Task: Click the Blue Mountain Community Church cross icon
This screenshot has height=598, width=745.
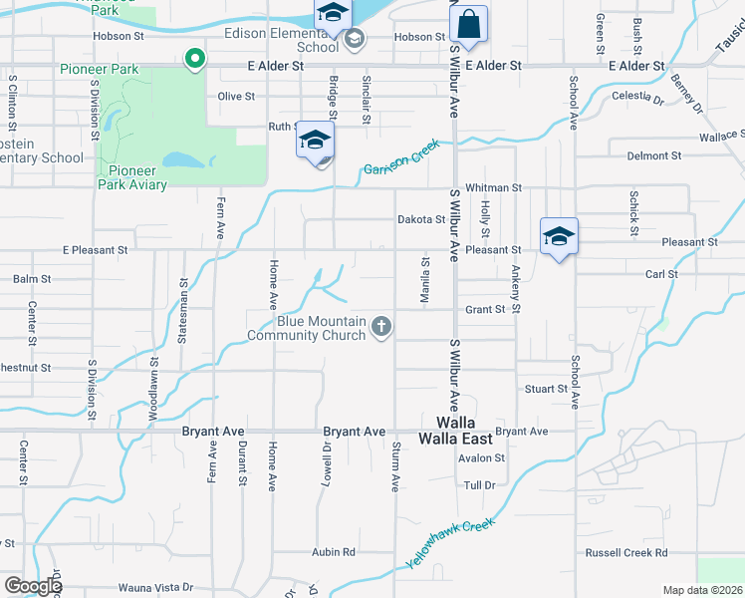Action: pos(380,326)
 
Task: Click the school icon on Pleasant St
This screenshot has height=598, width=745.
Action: pos(559,236)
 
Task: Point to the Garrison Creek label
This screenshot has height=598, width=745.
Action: pos(401,157)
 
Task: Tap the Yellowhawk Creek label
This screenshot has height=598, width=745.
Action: pos(450,542)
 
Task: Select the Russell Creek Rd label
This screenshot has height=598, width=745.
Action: pos(625,552)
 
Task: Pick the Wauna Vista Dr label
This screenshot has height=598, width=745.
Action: pos(155,588)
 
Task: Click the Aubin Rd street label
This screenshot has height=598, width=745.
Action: pos(334,551)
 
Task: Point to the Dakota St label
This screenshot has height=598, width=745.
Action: pos(420,219)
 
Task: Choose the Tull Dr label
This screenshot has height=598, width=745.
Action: pos(479,485)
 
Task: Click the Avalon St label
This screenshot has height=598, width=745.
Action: pos(481,458)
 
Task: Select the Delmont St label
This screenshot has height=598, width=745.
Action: pos(654,156)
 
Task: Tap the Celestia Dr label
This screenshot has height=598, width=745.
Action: pos(639,100)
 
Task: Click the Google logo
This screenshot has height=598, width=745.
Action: pos(33,586)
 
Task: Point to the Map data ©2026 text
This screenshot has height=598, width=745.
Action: pos(703,590)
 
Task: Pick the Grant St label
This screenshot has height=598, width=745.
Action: pos(486,310)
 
